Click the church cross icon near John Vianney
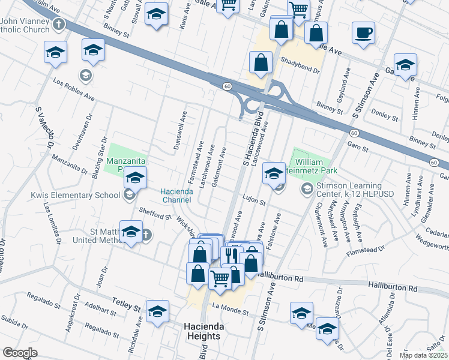click(58, 25)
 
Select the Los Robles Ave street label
click(74, 89)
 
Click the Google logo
click(20, 353)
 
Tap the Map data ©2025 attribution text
click(423, 355)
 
